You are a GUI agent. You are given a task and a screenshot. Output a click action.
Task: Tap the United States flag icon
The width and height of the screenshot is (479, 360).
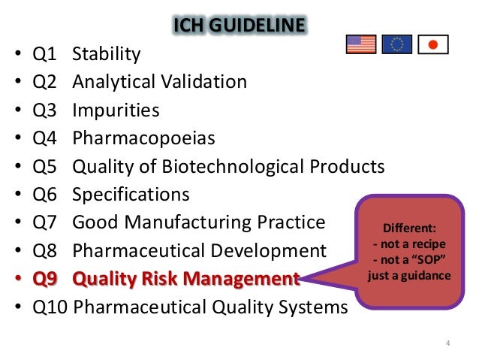pos(360,44)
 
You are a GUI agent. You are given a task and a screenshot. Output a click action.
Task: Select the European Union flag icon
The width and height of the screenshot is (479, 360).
pos(396,44)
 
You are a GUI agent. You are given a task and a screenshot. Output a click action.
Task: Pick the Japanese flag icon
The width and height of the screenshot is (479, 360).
pos(432,44)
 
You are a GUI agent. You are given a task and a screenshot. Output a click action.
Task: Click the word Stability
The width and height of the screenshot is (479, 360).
pos(106,54)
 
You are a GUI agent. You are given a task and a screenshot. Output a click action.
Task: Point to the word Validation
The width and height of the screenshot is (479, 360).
pos(201,82)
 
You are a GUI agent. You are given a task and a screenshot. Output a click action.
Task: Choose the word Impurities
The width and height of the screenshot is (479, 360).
pos(116,110)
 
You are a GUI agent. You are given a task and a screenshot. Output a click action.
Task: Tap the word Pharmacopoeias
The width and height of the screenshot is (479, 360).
pos(143,138)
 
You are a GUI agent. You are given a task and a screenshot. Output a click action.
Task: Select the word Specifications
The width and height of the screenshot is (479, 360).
pos(131,195)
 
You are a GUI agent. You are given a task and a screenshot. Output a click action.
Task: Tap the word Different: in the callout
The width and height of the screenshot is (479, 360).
pos(409,228)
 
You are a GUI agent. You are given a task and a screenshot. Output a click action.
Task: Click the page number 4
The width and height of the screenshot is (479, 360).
pos(447,344)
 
